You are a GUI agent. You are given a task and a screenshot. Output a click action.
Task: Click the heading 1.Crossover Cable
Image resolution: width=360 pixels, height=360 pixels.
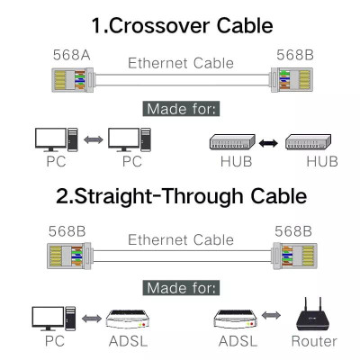180,24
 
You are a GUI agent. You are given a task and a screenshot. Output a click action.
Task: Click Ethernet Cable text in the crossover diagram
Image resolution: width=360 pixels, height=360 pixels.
180,63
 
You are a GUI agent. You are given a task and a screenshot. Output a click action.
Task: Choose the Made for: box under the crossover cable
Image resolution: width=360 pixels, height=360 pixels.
180,109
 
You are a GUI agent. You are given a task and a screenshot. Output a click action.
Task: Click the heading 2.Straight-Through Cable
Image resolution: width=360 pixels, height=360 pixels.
180,195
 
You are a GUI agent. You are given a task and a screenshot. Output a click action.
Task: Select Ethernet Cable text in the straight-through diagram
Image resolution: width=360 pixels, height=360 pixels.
180,239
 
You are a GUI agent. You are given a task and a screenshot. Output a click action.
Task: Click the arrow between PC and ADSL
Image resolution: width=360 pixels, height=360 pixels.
90,319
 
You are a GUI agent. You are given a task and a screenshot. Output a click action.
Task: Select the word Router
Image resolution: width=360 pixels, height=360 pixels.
314,341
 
